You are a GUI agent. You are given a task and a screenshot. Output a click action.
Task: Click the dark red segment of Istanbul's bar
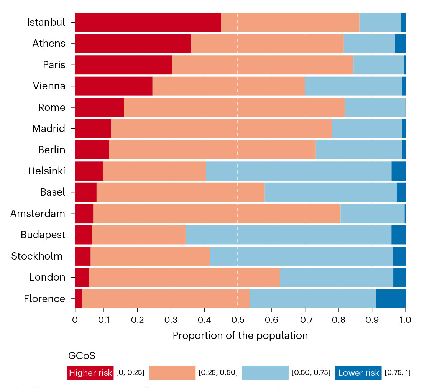pyautogui.click(x=148, y=22)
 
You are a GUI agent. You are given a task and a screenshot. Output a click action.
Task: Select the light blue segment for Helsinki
pyautogui.click(x=299, y=171)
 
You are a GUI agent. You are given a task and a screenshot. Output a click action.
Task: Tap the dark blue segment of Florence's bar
pyautogui.click(x=391, y=298)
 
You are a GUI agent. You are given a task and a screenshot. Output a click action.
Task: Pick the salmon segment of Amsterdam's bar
pyautogui.click(x=217, y=214)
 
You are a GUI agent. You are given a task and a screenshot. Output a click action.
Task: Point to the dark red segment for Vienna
pyautogui.click(x=113, y=86)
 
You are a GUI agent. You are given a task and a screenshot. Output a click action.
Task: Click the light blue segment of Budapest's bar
pyautogui.click(x=288, y=235)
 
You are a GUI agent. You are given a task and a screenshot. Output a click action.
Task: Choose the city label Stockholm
pyautogui.click(x=37, y=256)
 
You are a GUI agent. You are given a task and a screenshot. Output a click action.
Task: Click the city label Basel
pyautogui.click(x=53, y=192)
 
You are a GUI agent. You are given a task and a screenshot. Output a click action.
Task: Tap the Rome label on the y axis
pyautogui.click(x=52, y=107)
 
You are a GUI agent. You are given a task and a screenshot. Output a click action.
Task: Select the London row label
pyautogui.click(x=48, y=277)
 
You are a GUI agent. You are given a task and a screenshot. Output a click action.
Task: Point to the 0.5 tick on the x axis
pyautogui.click(x=238, y=319)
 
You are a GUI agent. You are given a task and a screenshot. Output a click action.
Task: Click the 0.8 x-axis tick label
pyautogui.click(x=338, y=319)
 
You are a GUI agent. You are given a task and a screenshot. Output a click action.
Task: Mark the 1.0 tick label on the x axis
pyautogui.click(x=405, y=319)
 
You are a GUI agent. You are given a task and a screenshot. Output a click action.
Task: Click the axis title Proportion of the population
pyautogui.click(x=240, y=336)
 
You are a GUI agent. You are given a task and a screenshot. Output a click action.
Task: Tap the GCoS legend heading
pyautogui.click(x=82, y=356)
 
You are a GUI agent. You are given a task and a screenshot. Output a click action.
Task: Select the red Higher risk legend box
pyautogui.click(x=90, y=373)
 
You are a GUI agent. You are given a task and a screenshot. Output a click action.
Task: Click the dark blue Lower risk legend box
pyautogui.click(x=358, y=373)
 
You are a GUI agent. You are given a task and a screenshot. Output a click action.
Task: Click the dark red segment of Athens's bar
pyautogui.click(x=133, y=43)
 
